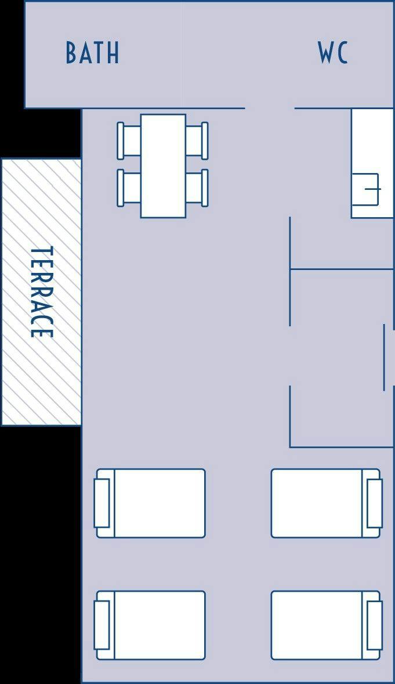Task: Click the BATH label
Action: pos(92,53)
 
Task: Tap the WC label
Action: pos(333,53)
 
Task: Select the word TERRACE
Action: pos(42,292)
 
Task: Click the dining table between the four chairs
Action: pos(163,165)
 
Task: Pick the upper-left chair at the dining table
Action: pos(129,141)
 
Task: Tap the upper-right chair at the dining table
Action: pos(197,141)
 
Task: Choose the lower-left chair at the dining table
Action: pos(129,188)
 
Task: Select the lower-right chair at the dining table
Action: pos(197,188)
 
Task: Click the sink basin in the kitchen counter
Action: pos(365,189)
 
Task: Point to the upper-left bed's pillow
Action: pos(102,503)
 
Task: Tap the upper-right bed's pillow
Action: pos(375,503)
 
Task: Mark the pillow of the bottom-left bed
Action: pos(102,625)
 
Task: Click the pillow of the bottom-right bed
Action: pos(375,625)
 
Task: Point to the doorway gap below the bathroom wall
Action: pos(270,108)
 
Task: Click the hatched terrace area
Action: pos(41,292)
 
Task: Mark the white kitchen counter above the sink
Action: pos(372,141)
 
